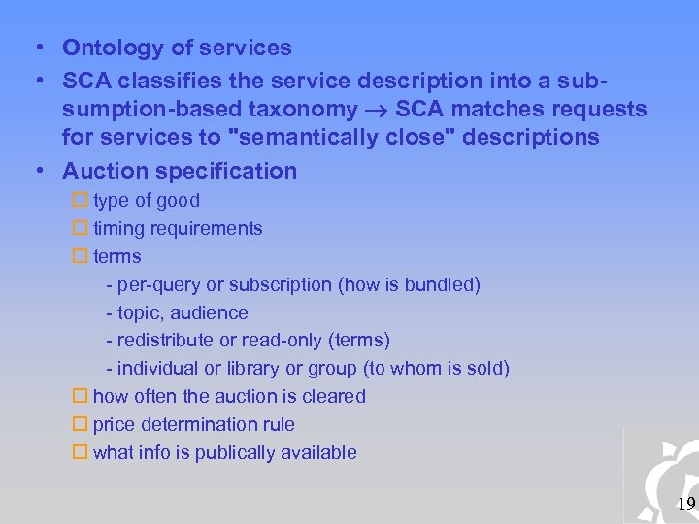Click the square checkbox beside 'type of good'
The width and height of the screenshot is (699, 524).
pyautogui.click(x=81, y=201)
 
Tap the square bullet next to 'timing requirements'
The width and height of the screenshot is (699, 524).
pyautogui.click(x=81, y=229)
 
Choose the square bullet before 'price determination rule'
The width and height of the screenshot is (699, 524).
pyautogui.click(x=81, y=425)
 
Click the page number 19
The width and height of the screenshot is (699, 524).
pyautogui.click(x=685, y=504)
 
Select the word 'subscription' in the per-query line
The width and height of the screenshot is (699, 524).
pyautogui.click(x=282, y=285)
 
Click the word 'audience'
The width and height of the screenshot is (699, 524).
pyautogui.click(x=209, y=313)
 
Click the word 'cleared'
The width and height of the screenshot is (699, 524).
pyautogui.click(x=333, y=397)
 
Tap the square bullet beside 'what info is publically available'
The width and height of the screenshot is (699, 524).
pyautogui.click(x=81, y=453)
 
